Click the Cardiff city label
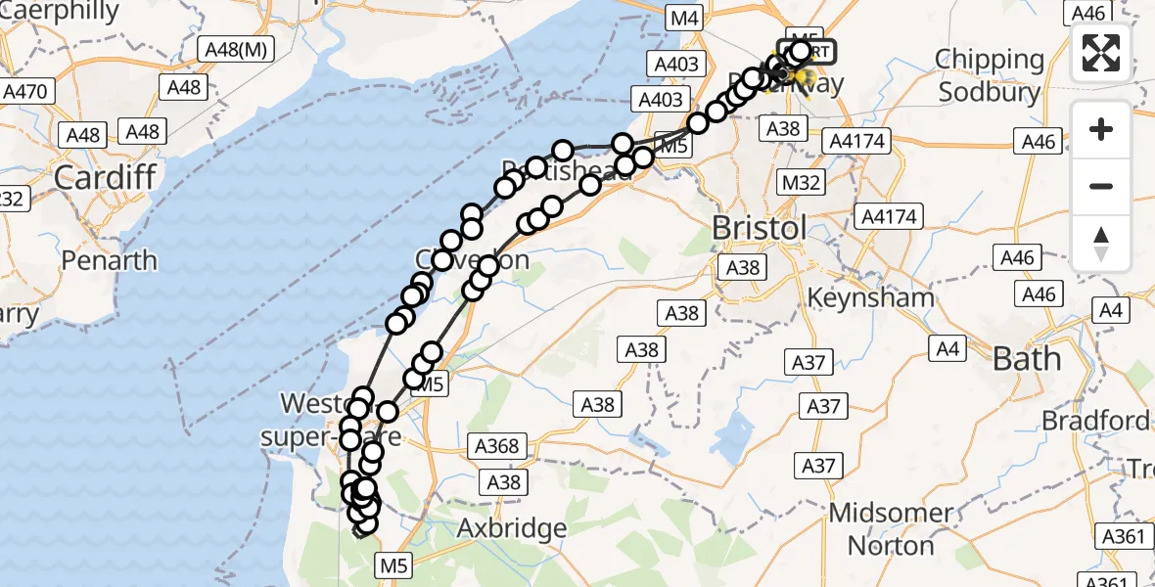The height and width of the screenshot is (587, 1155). click(x=107, y=178)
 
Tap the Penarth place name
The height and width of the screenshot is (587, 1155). click(x=109, y=260)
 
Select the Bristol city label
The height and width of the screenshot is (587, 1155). click(x=759, y=228)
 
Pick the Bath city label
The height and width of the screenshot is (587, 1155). click(x=1027, y=359)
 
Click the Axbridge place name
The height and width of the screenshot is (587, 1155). click(x=512, y=529)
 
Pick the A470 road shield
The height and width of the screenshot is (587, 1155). click(x=26, y=92)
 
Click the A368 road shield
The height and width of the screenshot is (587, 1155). click(x=496, y=446)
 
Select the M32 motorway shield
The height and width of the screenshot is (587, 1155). click(x=801, y=182)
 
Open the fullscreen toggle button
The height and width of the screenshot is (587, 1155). click(x=1101, y=53)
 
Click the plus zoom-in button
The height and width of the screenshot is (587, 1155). click(x=1101, y=129)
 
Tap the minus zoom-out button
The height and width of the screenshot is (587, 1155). click(x=1101, y=186)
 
